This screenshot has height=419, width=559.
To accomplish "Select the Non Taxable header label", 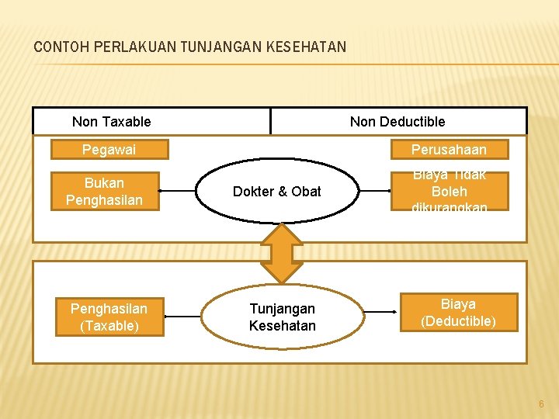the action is click(x=112, y=122).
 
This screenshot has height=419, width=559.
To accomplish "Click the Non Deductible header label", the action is click(x=398, y=122).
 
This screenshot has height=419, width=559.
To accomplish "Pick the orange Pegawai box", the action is click(x=109, y=149).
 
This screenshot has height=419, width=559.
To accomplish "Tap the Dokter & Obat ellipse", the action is click(x=276, y=192).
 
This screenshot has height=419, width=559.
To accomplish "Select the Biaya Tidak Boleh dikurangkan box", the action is click(x=449, y=192).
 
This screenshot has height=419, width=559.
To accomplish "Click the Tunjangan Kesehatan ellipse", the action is click(x=282, y=317).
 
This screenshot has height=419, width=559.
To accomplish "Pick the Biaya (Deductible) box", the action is click(x=458, y=312).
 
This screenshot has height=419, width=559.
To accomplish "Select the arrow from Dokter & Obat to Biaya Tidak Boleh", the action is click(x=373, y=191).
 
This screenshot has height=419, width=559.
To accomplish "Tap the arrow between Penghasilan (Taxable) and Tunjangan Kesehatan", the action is click(x=183, y=317).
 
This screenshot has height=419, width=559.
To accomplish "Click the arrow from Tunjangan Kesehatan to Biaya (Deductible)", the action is click(x=381, y=312).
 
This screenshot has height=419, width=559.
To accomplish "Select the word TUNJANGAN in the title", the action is click(x=220, y=47).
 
